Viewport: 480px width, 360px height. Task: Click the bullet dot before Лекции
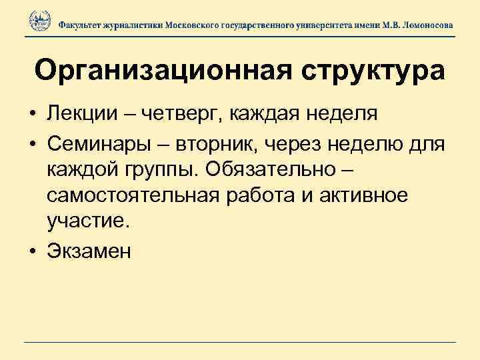coord(32,114)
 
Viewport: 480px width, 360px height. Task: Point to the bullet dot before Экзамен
coord(32,251)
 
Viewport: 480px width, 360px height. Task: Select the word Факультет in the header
coord(80,24)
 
